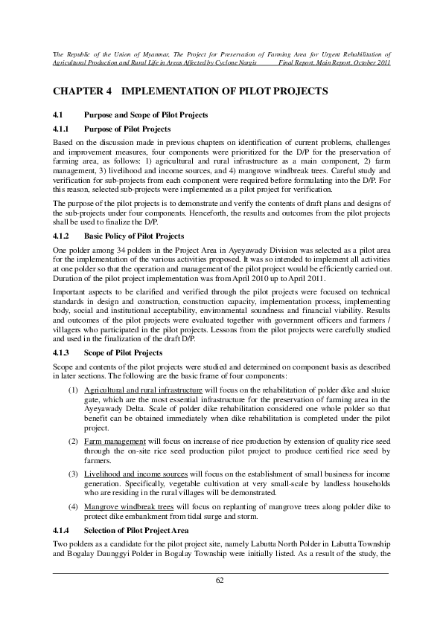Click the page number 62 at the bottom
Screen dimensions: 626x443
pyautogui.click(x=220, y=580)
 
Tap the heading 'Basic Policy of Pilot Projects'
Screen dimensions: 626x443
pyautogui.click(x=133, y=236)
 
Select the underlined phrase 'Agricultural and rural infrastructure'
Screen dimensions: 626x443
pyautogui.click(x=143, y=390)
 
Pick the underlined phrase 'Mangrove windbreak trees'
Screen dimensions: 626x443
pyautogui.click(x=129, y=506)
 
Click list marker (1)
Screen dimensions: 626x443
pyautogui.click(x=73, y=390)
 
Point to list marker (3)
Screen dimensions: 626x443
pyautogui.click(x=73, y=474)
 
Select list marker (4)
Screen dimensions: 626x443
pyautogui.click(x=73, y=506)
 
